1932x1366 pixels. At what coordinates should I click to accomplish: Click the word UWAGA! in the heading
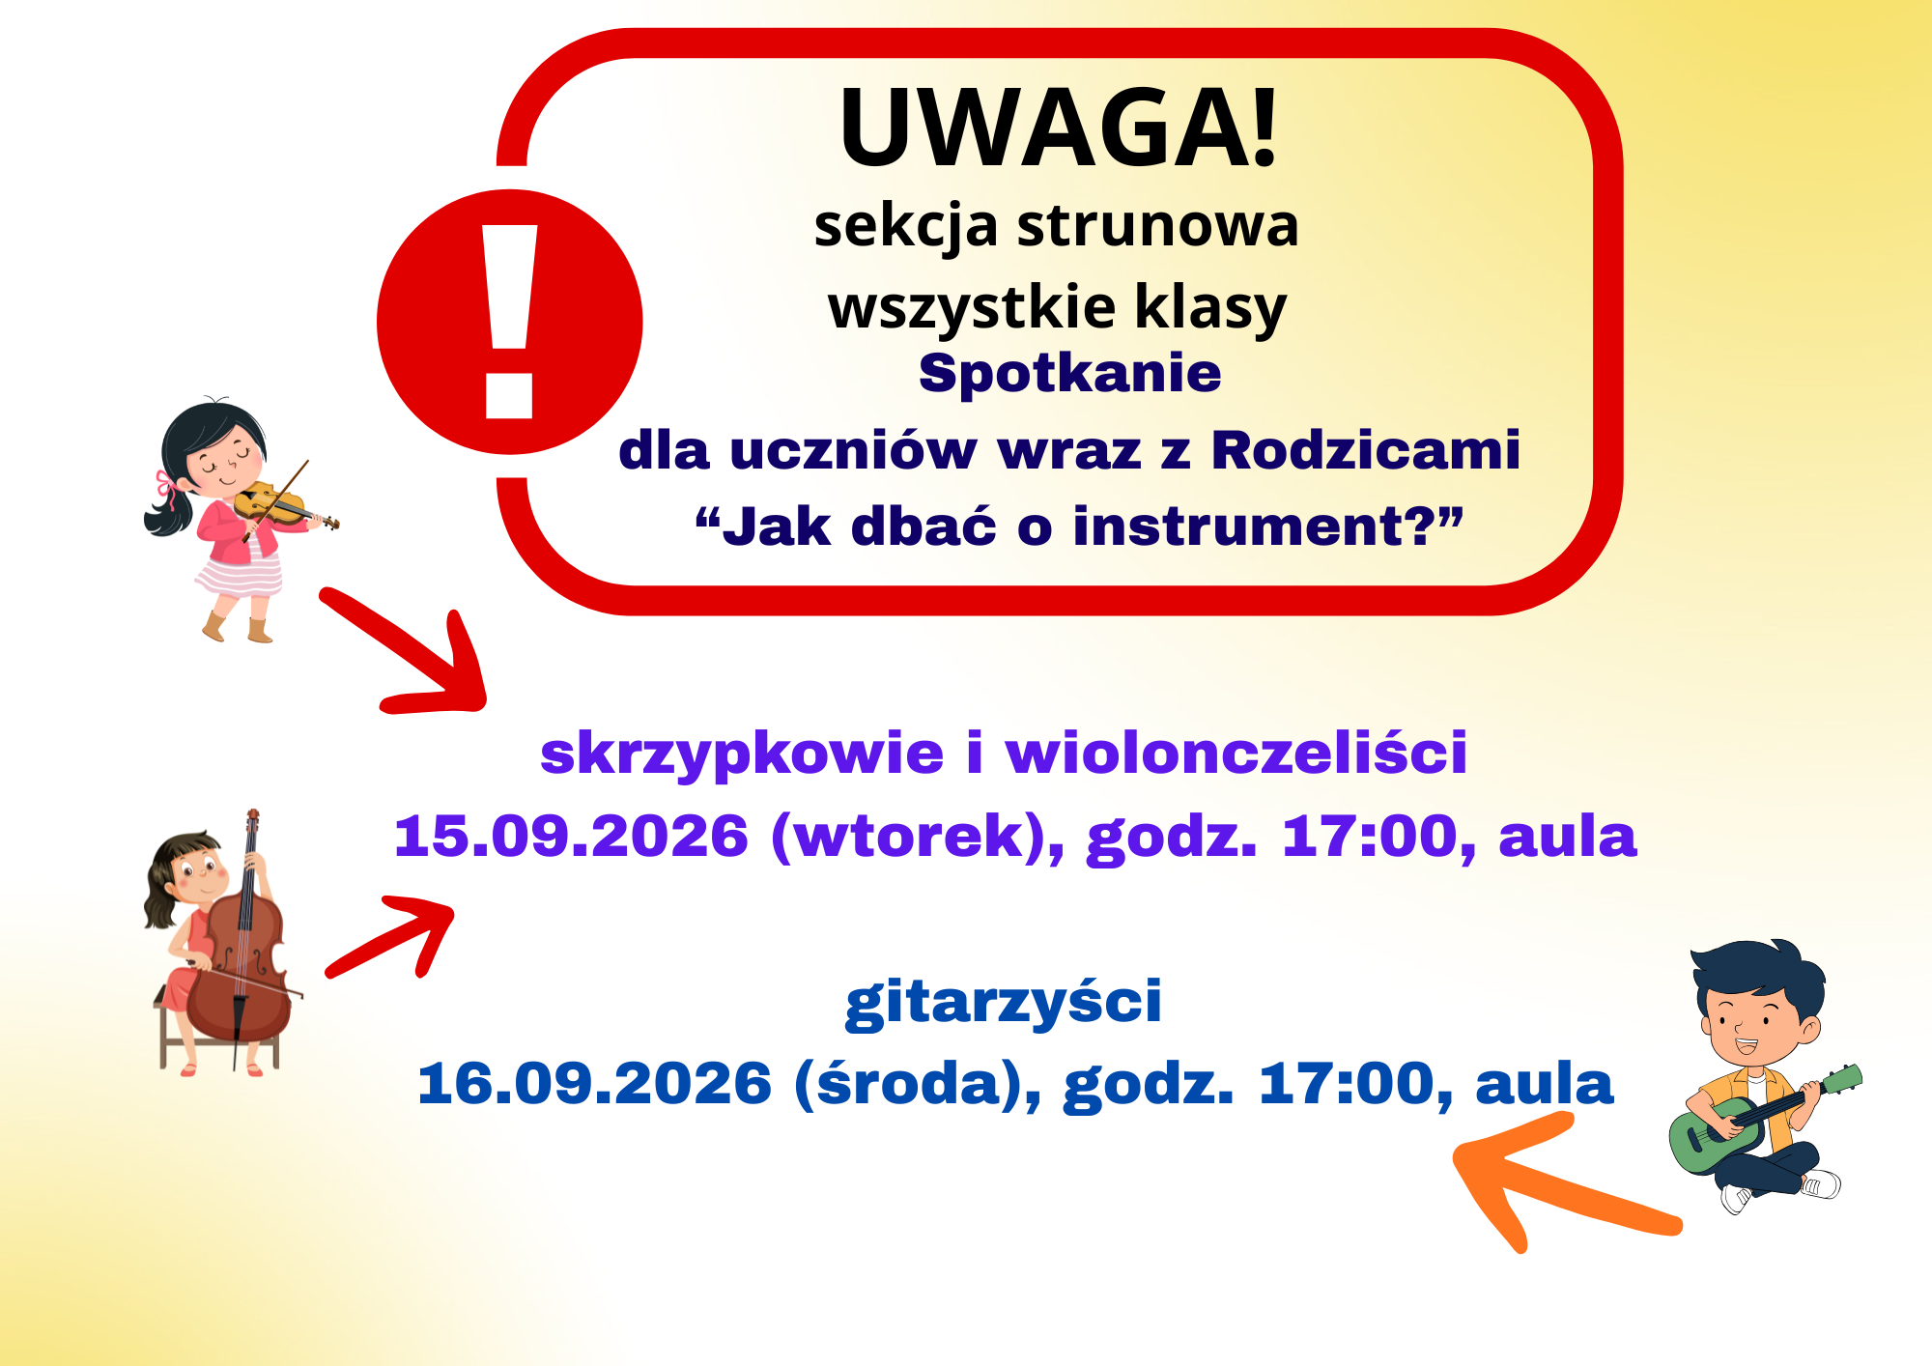[x=1059, y=128]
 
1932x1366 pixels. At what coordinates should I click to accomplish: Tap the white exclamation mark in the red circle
[x=509, y=322]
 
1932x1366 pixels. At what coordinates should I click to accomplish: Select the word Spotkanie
[x=1070, y=374]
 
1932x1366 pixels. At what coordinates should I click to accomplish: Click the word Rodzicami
[x=1366, y=450]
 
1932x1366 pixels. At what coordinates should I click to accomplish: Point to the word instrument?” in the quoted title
[x=1267, y=526]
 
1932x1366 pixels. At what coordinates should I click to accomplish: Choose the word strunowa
[x=1158, y=225]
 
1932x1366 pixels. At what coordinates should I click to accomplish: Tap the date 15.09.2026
[x=571, y=836]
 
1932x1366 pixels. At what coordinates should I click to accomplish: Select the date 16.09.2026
[x=594, y=1083]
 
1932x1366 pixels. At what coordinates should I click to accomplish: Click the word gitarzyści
[x=1004, y=1001]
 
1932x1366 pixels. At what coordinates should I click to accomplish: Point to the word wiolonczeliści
[x=1236, y=753]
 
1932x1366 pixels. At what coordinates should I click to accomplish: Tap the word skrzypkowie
[x=742, y=754]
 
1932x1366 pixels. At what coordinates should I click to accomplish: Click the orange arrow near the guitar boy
[x=1565, y=1181]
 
